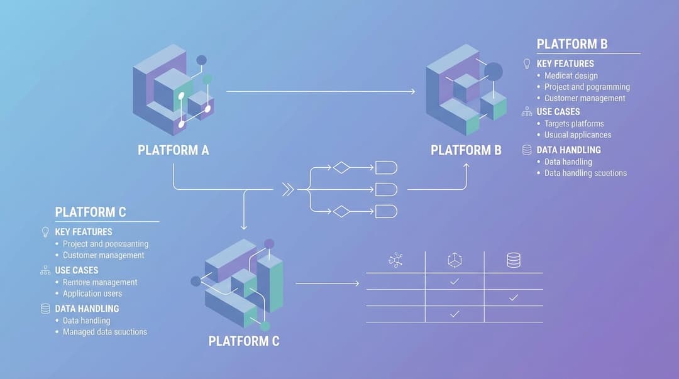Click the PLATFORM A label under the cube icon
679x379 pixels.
(x=174, y=150)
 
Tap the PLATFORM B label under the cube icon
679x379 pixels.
(x=466, y=150)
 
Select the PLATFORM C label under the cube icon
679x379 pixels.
(x=244, y=341)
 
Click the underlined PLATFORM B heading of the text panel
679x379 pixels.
(x=572, y=44)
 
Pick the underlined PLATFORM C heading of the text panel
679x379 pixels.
(x=91, y=212)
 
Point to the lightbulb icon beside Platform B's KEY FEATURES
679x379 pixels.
(x=527, y=63)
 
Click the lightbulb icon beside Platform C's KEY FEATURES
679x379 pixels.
(x=45, y=232)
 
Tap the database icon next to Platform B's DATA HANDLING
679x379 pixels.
(x=527, y=150)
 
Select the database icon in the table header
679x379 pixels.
(x=514, y=260)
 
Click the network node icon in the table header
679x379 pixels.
(x=395, y=260)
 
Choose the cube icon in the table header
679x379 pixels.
(x=455, y=260)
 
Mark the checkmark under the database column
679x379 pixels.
(x=514, y=297)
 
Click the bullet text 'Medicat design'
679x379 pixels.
(x=571, y=75)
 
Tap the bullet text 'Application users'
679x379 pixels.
(x=92, y=294)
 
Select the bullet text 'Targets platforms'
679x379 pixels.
(x=574, y=124)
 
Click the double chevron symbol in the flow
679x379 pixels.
(x=288, y=189)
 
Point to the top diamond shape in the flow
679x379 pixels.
(x=341, y=167)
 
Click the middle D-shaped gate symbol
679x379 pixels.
(x=386, y=189)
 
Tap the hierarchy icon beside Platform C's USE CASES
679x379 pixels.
(x=45, y=270)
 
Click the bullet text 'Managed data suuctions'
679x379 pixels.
(x=105, y=332)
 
